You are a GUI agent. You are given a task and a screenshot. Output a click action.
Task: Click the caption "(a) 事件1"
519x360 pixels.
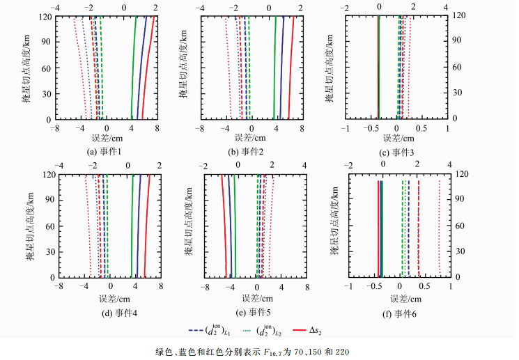(104, 152)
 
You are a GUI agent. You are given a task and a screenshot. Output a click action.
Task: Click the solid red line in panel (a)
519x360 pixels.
(148, 70)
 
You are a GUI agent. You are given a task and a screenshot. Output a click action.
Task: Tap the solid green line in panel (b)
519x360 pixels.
(274, 70)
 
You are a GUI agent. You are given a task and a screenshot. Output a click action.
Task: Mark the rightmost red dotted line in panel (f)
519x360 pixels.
(439, 230)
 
